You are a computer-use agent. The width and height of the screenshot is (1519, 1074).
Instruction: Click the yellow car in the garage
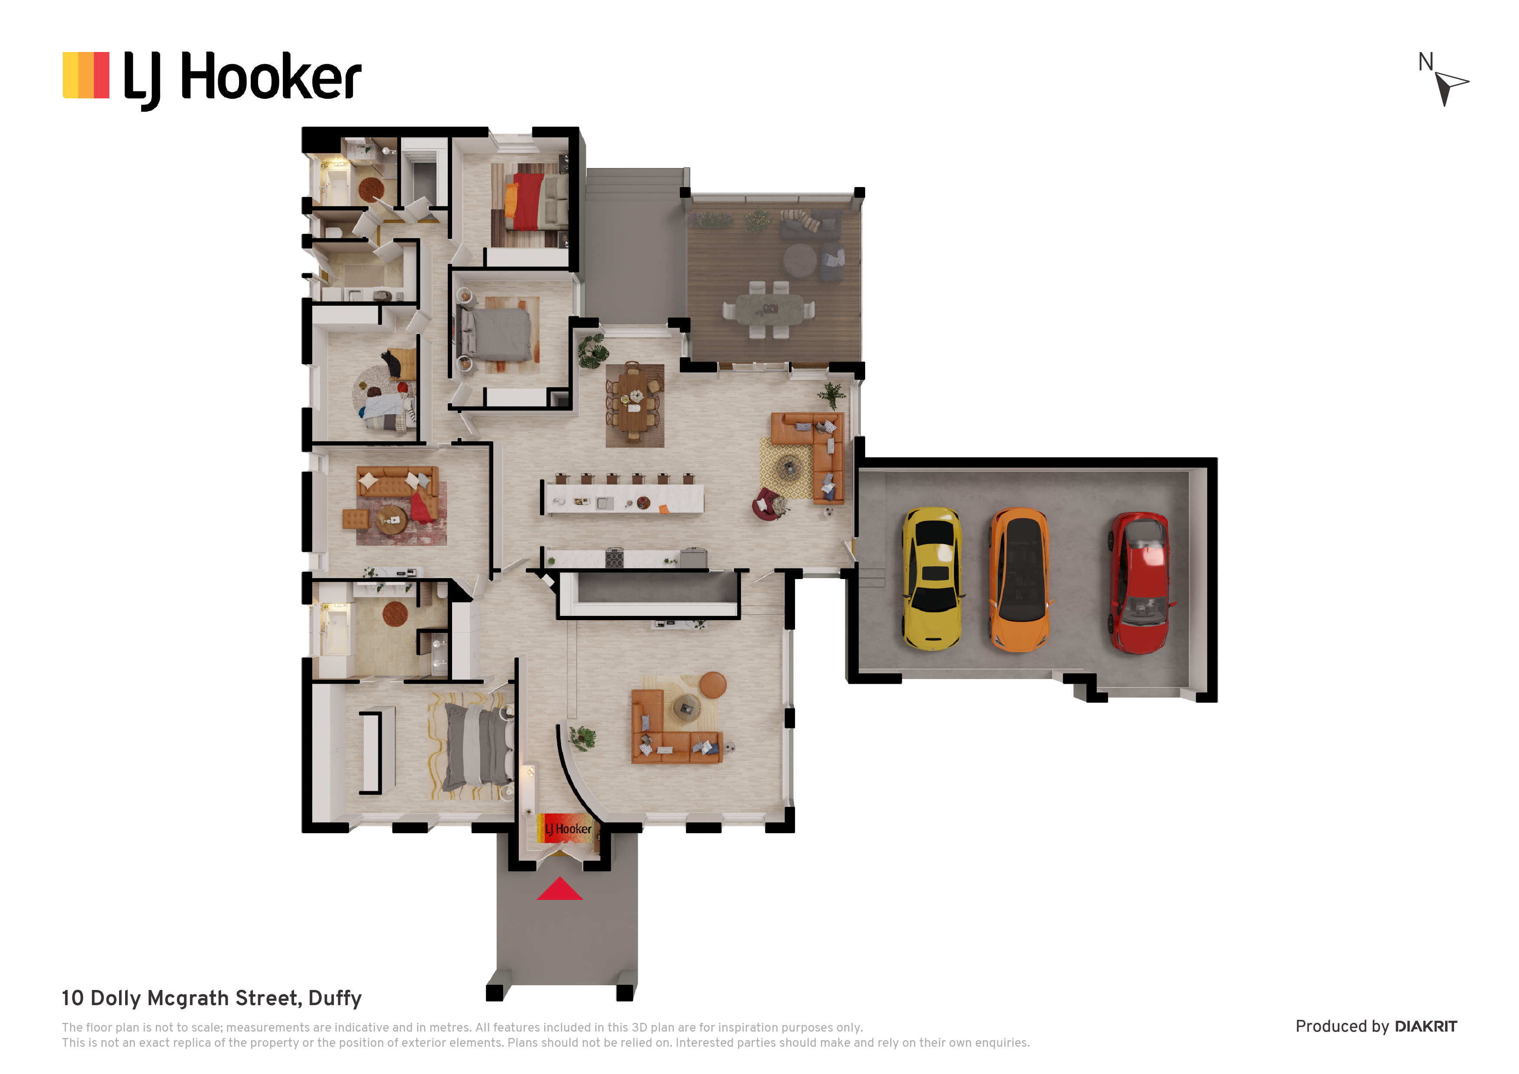coord(932,579)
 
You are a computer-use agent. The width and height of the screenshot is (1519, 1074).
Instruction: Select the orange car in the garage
coord(1019,580)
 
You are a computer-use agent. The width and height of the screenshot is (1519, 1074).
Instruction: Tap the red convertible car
coord(1140,582)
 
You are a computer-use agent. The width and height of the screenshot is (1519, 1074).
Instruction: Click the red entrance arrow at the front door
coord(560,890)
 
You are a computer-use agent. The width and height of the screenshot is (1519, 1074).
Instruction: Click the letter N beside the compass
coord(1426,62)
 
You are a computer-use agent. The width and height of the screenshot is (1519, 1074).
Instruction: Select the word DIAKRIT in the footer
coord(1426,1026)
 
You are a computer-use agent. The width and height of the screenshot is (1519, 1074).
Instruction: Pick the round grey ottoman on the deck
coord(800,259)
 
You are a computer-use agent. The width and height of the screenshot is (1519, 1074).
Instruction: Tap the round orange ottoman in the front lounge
coord(713,685)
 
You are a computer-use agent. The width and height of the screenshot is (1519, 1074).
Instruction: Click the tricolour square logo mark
coord(86,75)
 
